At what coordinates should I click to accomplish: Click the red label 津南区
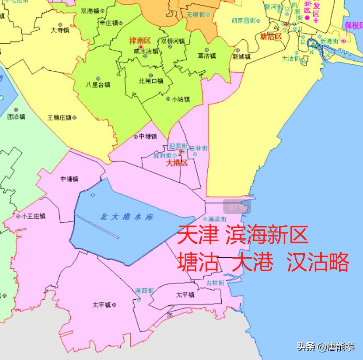point(139,41)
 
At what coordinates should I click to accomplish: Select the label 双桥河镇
point(172,41)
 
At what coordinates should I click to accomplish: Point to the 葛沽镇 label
point(207,56)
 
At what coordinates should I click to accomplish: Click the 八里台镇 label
point(98,84)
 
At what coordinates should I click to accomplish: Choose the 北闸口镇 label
point(151,81)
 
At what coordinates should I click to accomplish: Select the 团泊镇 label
point(16,117)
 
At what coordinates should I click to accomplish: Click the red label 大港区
point(177,163)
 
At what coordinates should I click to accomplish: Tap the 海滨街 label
point(217,219)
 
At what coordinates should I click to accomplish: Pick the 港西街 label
point(144,291)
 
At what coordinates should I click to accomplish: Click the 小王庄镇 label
point(33,216)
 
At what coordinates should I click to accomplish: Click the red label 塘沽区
point(271,37)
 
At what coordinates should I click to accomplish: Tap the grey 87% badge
point(237,207)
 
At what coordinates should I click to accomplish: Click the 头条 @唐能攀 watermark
point(326,347)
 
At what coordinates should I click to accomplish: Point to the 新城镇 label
point(241,56)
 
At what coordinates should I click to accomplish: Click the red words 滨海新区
point(267,235)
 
